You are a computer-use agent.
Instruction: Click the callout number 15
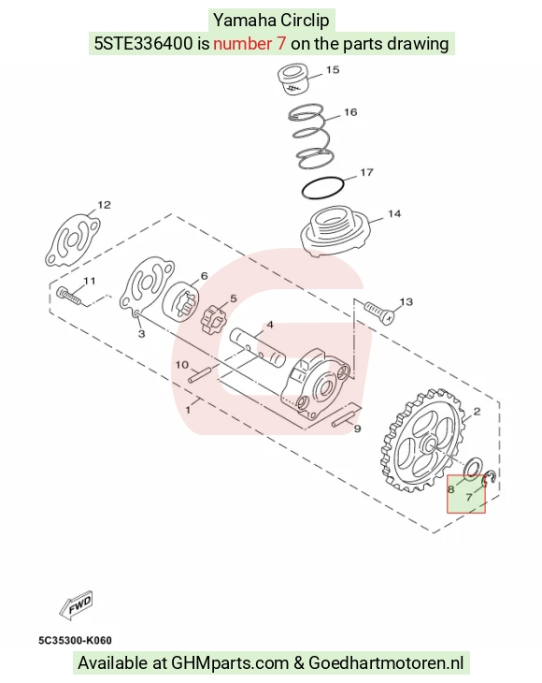pos(333,69)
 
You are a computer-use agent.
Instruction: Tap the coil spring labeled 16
pos(311,137)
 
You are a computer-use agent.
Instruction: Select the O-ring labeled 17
pos(322,188)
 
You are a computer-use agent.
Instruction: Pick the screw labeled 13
pos(379,312)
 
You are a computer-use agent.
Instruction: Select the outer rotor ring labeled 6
pos(180,301)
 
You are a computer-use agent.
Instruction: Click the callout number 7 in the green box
pos(469,497)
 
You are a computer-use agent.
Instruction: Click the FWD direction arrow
pos(77,605)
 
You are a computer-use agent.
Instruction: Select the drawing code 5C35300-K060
pos(75,640)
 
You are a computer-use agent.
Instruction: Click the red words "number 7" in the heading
pos(250,44)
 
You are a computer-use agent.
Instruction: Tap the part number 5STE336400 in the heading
pos(144,44)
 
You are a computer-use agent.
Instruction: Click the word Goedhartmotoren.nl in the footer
pos(386,663)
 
